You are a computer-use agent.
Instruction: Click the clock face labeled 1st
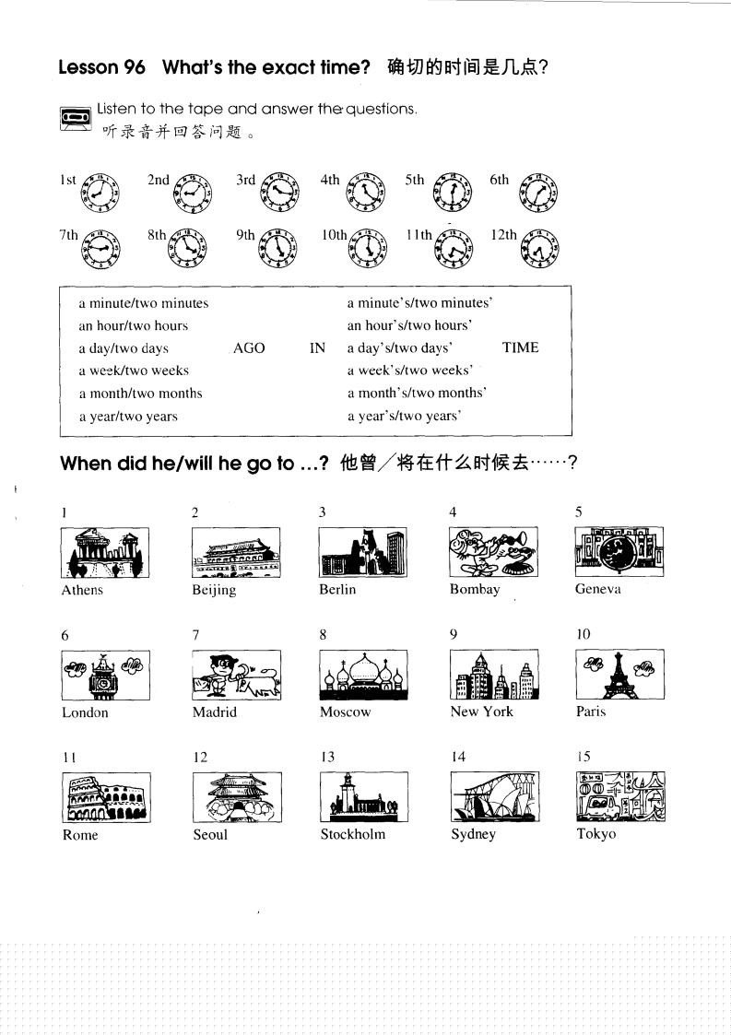[100, 192]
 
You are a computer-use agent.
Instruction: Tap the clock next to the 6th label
[538, 192]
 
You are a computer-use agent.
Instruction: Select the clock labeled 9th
[278, 247]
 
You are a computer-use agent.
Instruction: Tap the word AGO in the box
[249, 348]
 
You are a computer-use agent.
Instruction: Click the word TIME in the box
[520, 347]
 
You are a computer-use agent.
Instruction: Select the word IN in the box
[317, 348]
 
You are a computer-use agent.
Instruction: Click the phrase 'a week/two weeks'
[133, 370]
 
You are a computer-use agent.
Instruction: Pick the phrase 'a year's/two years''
[404, 416]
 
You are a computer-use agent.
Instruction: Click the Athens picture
[105, 552]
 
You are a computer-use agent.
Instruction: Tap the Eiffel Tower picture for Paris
[619, 675]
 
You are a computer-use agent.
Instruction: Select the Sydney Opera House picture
[495, 797]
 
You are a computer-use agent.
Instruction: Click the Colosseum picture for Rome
[105, 797]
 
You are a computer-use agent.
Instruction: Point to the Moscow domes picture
[363, 675]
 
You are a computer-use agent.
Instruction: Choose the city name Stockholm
[353, 834]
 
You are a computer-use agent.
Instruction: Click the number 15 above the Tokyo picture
[583, 757]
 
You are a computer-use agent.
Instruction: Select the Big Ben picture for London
[105, 675]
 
